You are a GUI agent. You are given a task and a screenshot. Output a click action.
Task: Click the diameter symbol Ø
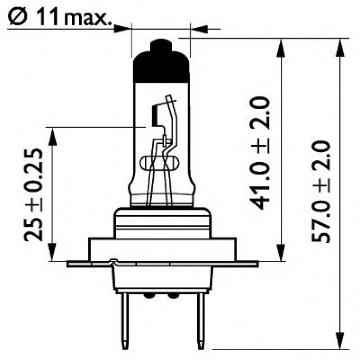16,17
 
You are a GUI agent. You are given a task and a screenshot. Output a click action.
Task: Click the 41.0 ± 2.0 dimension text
260,152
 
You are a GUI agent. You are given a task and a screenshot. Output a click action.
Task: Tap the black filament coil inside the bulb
155,114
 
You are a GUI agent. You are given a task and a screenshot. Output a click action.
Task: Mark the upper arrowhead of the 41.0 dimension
281,47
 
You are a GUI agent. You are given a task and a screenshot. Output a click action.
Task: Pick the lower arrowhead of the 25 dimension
53,252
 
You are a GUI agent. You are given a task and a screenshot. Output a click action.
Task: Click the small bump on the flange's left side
113,260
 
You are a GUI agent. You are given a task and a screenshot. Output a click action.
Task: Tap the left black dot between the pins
149,296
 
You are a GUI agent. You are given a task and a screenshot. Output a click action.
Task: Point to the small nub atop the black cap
161,45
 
